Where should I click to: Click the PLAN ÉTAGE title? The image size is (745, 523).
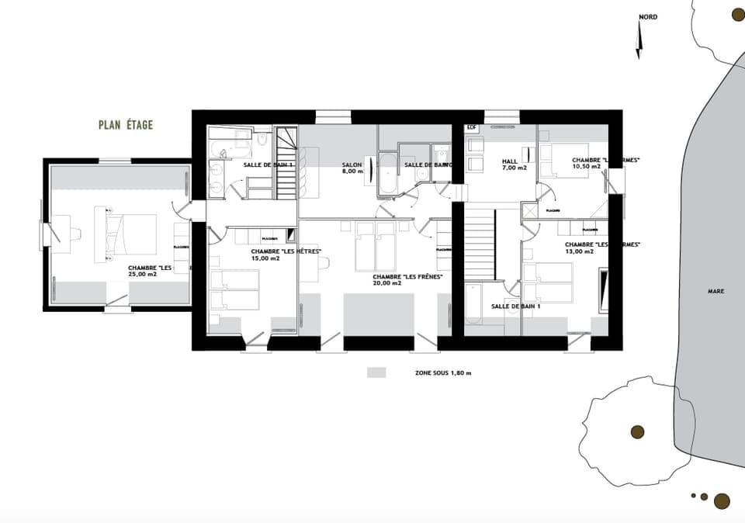coord(126,125)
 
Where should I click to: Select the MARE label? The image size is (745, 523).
coord(716,292)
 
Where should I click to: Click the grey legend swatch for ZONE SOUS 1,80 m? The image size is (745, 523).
coord(376,372)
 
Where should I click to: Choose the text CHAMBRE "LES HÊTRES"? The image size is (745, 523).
coord(286,251)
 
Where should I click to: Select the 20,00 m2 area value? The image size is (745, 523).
coord(386,283)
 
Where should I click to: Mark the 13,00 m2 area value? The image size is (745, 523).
coord(579,251)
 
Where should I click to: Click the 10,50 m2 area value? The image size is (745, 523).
coord(586,167)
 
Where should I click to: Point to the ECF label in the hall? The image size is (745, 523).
coord(470,126)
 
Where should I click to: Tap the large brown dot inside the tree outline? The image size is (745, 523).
coord(638,431)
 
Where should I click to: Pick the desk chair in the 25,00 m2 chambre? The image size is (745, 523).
coord(55,232)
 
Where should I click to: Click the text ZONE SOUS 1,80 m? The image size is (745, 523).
coord(443,373)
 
